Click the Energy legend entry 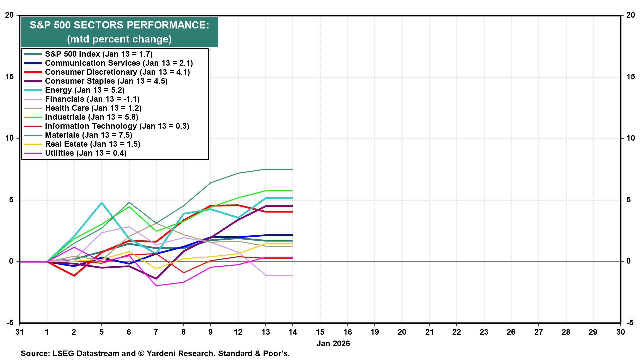(x=85, y=90)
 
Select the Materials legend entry (x=89, y=135)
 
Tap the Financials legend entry (x=92, y=99)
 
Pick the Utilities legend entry (x=86, y=153)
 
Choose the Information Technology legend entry (x=117, y=126)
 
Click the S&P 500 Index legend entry (x=99, y=54)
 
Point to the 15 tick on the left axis (x=9, y=77)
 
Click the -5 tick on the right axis (x=630, y=323)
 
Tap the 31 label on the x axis (x=20, y=332)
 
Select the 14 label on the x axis (x=293, y=332)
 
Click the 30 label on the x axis (x=620, y=332)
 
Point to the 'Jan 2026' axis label (x=333, y=344)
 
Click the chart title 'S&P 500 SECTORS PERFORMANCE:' (x=119, y=25)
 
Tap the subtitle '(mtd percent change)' (x=119, y=39)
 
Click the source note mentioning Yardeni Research (x=155, y=353)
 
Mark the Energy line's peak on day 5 (x=102, y=203)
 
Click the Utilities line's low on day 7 (x=156, y=286)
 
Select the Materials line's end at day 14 (x=292, y=169)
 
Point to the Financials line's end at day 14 (x=292, y=275)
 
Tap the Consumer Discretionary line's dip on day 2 (x=74, y=276)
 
